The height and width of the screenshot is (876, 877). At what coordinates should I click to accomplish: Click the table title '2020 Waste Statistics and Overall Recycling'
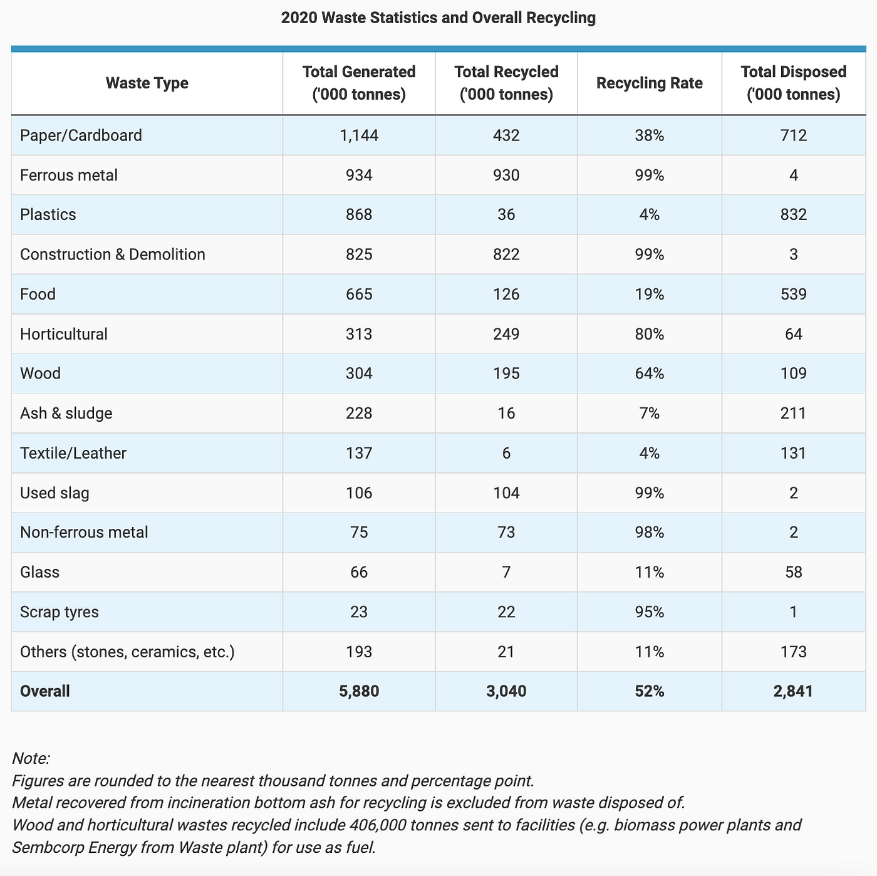[438, 18]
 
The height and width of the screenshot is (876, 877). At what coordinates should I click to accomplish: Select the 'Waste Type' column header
[147, 83]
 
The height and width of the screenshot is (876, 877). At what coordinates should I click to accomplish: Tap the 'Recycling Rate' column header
[650, 83]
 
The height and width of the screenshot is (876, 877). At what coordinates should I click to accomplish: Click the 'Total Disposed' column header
[793, 83]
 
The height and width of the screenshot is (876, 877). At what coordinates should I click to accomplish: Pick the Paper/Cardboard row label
[81, 135]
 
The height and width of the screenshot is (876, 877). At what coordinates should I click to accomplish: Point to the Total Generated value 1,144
[359, 135]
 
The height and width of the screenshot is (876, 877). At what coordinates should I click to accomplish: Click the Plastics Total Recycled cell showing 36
[506, 214]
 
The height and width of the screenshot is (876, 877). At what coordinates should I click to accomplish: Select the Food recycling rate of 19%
[650, 294]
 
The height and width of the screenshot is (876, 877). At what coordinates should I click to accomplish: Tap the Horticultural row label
[64, 334]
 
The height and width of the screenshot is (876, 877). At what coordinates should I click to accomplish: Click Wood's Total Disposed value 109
[793, 373]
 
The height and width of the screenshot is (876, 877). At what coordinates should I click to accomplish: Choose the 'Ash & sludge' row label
[66, 414]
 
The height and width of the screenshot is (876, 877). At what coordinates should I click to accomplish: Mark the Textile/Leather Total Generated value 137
[359, 453]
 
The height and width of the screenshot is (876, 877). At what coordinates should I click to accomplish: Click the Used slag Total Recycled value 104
[506, 493]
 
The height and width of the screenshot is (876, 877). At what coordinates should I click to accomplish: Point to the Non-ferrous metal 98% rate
[650, 532]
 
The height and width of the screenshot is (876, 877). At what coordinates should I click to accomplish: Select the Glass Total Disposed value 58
[793, 572]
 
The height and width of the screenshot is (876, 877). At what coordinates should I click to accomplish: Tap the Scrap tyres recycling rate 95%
[650, 612]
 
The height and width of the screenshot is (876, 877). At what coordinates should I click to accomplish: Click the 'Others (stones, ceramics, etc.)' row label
[127, 652]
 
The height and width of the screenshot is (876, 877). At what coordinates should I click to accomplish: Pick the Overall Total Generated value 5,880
[359, 691]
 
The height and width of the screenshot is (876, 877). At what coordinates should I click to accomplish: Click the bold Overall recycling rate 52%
[650, 691]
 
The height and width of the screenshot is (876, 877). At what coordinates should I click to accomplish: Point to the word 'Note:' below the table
[31, 759]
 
